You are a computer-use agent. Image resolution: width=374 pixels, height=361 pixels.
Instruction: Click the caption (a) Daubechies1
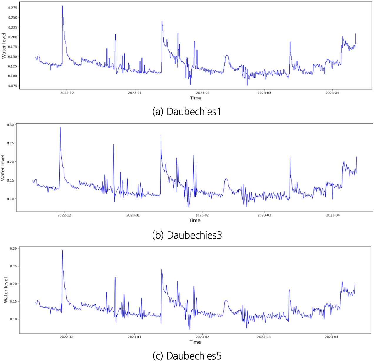pos(187,112)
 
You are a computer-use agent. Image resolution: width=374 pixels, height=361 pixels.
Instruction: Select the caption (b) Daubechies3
pos(187,235)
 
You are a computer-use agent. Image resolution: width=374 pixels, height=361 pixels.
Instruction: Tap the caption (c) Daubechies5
pos(187,356)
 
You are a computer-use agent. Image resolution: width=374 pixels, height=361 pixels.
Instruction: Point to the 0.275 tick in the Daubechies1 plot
pos(13,8)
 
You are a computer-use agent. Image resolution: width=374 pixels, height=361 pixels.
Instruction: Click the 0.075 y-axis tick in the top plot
pos(13,86)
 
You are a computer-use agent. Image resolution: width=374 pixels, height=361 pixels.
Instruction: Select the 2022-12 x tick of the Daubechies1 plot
pos(67,93)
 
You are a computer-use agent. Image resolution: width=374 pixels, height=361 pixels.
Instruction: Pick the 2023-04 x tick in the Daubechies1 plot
pos(332,93)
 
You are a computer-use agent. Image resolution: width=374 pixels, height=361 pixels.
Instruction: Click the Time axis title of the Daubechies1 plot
pos(196,98)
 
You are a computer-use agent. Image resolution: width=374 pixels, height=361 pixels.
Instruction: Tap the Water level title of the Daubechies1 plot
pos(4,46)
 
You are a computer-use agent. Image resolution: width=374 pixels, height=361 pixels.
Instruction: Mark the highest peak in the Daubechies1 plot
pos(63,6)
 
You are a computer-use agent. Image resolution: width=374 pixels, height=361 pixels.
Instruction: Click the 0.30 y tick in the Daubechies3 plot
pos(10,125)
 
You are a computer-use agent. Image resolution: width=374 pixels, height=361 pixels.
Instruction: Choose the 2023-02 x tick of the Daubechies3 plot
pos(202,215)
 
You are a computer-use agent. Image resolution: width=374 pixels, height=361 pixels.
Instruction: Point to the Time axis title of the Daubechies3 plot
pos(195,220)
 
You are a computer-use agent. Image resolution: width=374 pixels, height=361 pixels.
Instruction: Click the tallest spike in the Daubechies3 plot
pos(60,127)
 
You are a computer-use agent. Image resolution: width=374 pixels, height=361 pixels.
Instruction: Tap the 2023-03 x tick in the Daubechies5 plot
pos(263,337)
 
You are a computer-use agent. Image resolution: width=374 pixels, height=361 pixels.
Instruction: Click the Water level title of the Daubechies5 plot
pos(6,290)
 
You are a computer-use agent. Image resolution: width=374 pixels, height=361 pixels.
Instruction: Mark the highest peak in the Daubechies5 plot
pos(62,250)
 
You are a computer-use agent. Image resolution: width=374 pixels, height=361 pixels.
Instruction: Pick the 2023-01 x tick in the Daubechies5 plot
pos(134,337)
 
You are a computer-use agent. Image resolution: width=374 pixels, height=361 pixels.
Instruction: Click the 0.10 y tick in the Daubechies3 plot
pos(10,199)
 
